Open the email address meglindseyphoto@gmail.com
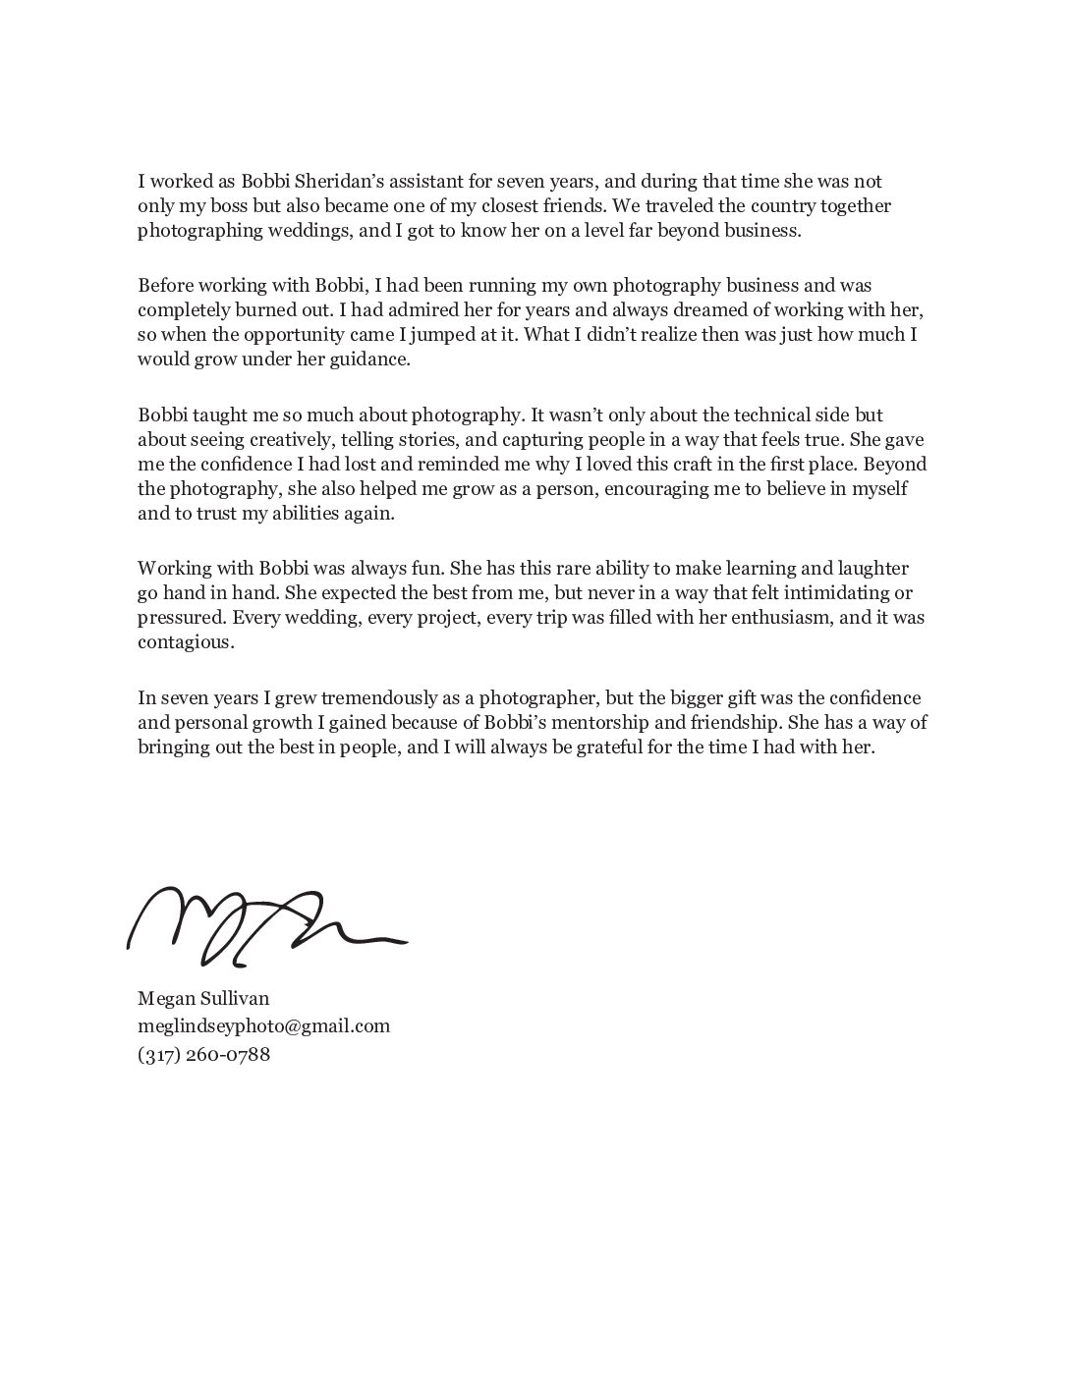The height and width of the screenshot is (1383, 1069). [x=263, y=1026]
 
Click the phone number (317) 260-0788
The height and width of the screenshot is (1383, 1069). [x=203, y=1055]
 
